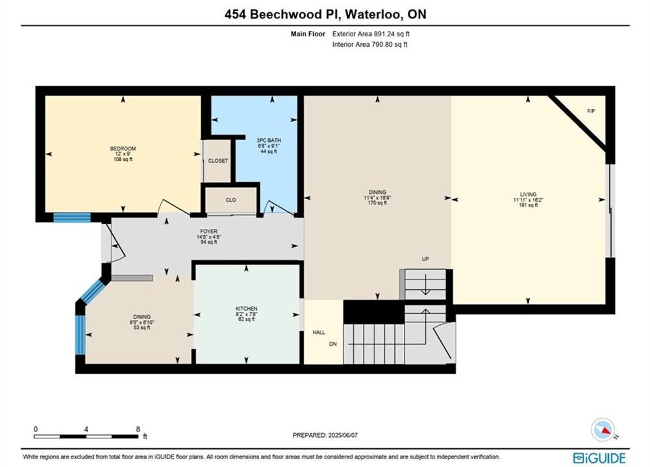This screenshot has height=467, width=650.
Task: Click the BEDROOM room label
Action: [123, 149]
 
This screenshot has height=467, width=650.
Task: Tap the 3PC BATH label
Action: [269, 141]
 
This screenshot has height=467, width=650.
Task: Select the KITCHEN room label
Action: [247, 309]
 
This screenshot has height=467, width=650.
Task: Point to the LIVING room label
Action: [528, 194]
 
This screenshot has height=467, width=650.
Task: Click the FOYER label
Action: [208, 232]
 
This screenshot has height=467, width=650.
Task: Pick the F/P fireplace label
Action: [591, 111]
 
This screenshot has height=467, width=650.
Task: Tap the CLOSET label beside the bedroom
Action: [218, 161]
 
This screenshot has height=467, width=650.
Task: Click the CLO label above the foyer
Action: [231, 200]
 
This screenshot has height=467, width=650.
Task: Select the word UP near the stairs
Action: [425, 259]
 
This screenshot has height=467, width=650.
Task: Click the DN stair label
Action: [333, 344]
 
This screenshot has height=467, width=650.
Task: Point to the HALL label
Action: [319, 332]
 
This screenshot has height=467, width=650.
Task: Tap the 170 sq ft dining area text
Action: [377, 203]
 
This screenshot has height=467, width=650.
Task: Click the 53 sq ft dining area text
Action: [142, 328]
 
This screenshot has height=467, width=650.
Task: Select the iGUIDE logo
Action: [599, 458]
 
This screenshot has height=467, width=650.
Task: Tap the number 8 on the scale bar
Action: [138, 429]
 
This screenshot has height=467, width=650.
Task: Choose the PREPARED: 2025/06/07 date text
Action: [325, 435]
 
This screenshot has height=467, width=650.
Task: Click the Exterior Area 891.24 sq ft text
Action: [371, 34]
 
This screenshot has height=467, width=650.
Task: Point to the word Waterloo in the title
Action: [373, 14]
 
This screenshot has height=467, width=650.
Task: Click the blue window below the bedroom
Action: [72, 217]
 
